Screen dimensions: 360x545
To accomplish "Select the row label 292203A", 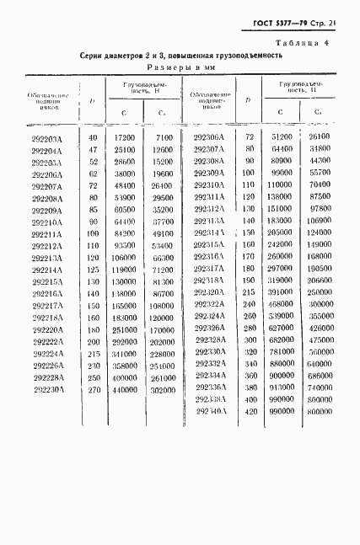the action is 51,136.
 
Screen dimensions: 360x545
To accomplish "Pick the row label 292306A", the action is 208,136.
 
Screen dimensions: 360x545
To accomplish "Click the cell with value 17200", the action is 124,136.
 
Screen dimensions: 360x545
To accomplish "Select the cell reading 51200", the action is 282,136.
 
